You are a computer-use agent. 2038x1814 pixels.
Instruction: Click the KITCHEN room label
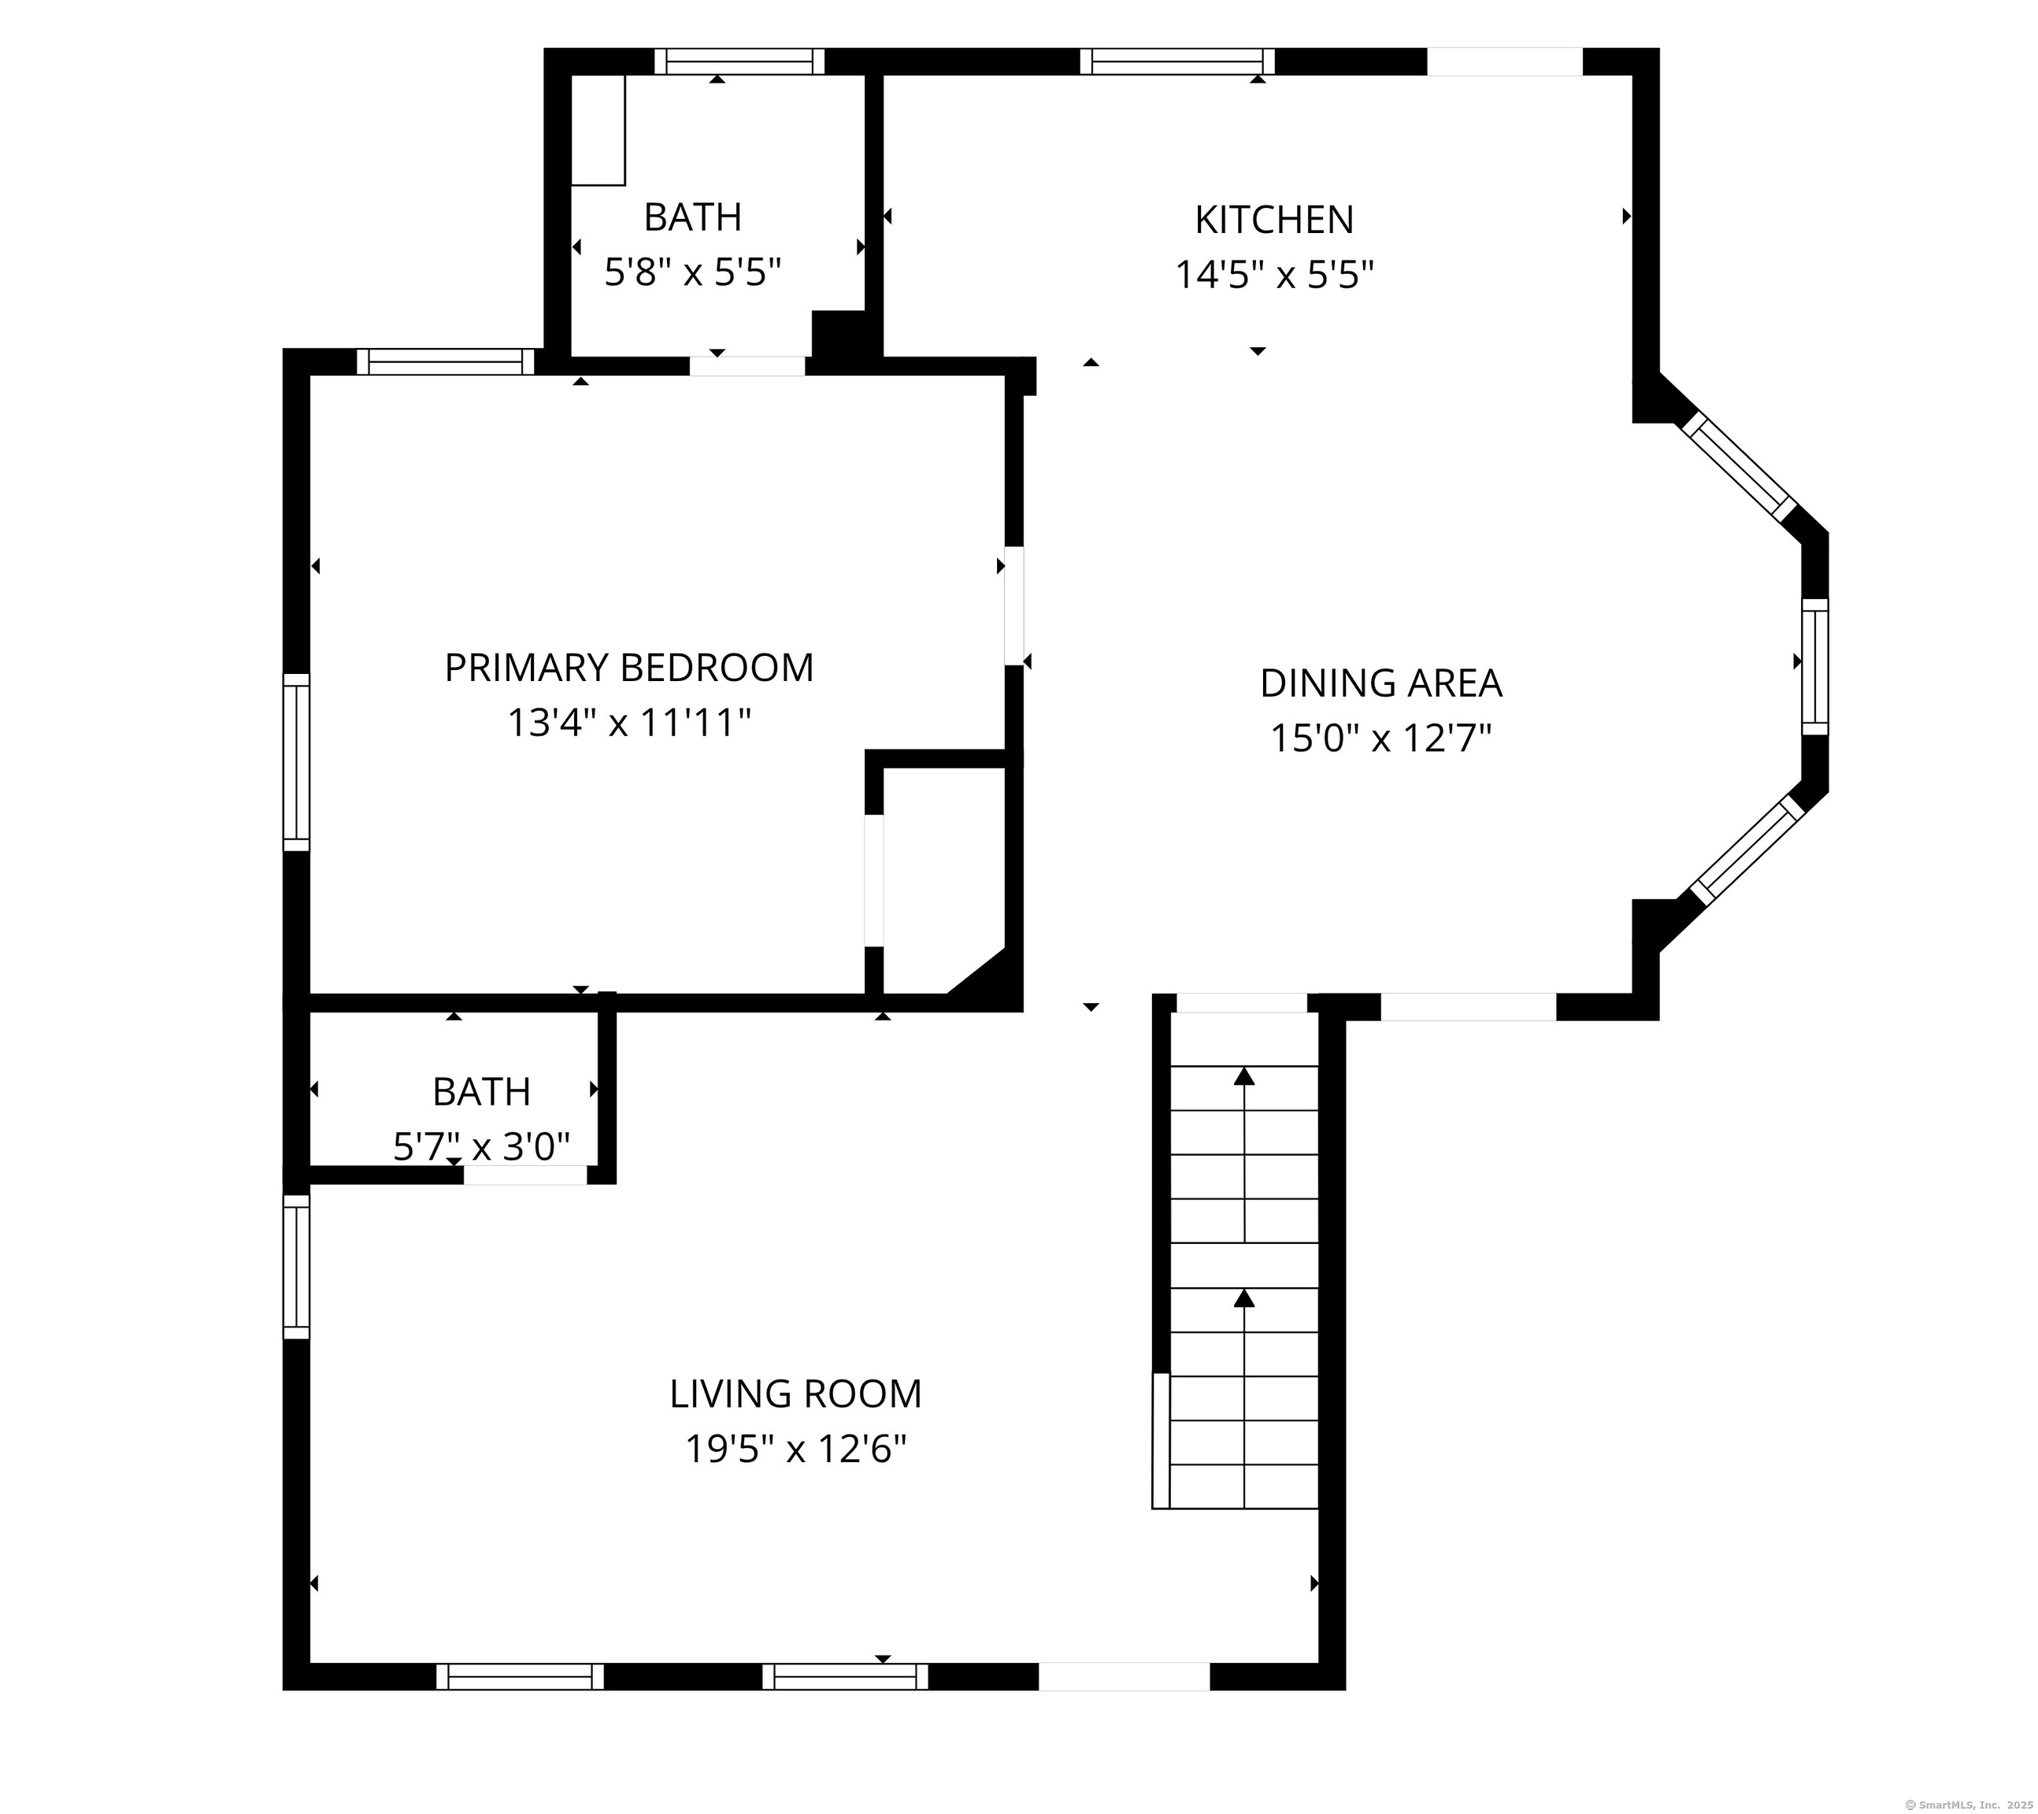coord(1274,220)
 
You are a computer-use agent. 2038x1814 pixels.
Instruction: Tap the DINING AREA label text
coord(1381,683)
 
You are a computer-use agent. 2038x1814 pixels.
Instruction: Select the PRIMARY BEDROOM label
coord(629,667)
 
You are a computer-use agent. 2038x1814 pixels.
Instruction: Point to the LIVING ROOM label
coord(795,1394)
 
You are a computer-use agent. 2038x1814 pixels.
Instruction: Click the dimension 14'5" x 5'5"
coord(1274,274)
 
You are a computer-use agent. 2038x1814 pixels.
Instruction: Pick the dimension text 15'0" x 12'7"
coord(1381,739)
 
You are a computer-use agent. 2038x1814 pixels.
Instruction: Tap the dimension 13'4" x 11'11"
coord(629,723)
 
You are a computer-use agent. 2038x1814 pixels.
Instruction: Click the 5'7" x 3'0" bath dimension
coord(482,1147)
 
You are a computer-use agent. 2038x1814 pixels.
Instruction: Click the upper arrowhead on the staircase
coord(1244,1075)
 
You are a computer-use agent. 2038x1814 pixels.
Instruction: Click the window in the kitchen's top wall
coord(1177,61)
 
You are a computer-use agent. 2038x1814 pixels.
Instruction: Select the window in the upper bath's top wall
coord(739,61)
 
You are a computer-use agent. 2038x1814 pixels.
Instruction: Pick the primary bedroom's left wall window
coord(296,762)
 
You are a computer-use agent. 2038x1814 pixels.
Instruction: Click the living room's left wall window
coord(296,1267)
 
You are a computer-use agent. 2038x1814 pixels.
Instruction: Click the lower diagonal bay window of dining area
coord(1747,850)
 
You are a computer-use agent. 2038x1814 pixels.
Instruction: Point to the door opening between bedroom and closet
coord(873,880)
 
